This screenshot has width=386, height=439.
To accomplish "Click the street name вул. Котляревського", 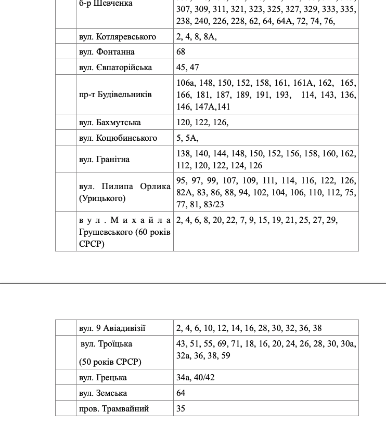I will coord(118,37).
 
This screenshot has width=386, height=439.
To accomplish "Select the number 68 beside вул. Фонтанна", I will coord(181,52).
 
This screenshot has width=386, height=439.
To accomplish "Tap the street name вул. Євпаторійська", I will coord(115,68).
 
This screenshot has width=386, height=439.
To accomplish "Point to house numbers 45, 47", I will coord(188,68).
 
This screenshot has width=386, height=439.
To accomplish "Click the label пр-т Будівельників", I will coord(115,95).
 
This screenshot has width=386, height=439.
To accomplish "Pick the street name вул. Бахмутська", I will coord(110,123).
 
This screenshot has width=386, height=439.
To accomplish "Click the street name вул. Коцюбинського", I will coord(118,138).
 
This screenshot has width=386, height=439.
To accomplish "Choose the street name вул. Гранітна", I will coord(105,159).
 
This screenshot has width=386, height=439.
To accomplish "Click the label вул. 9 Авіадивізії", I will coord(112,328).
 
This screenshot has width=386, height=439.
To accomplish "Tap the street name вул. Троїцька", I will coord(106,344).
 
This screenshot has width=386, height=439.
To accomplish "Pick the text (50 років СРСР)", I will coord(110,362).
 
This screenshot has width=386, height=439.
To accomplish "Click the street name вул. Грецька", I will coord(103,378).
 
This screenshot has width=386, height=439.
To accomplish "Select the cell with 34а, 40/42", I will coord(195,378).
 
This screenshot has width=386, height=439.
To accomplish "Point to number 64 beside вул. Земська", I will coord(181,393).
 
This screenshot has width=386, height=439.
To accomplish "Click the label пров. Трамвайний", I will coord(114,409).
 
